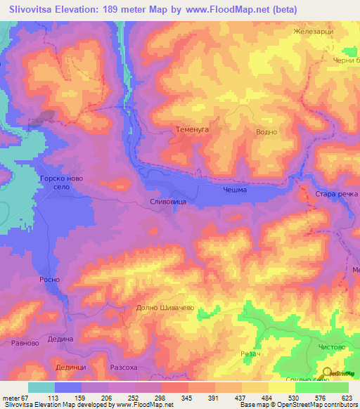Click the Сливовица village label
168,201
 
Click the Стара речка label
332,193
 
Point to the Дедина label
60,339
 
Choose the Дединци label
70,366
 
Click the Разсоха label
127,367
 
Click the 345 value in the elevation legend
188,398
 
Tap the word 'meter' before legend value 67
13,398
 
